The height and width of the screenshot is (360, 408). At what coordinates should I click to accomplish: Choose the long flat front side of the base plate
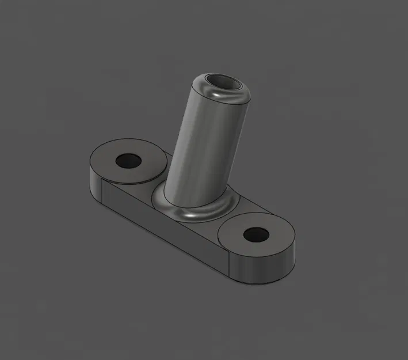pyautogui.click(x=167, y=230)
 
